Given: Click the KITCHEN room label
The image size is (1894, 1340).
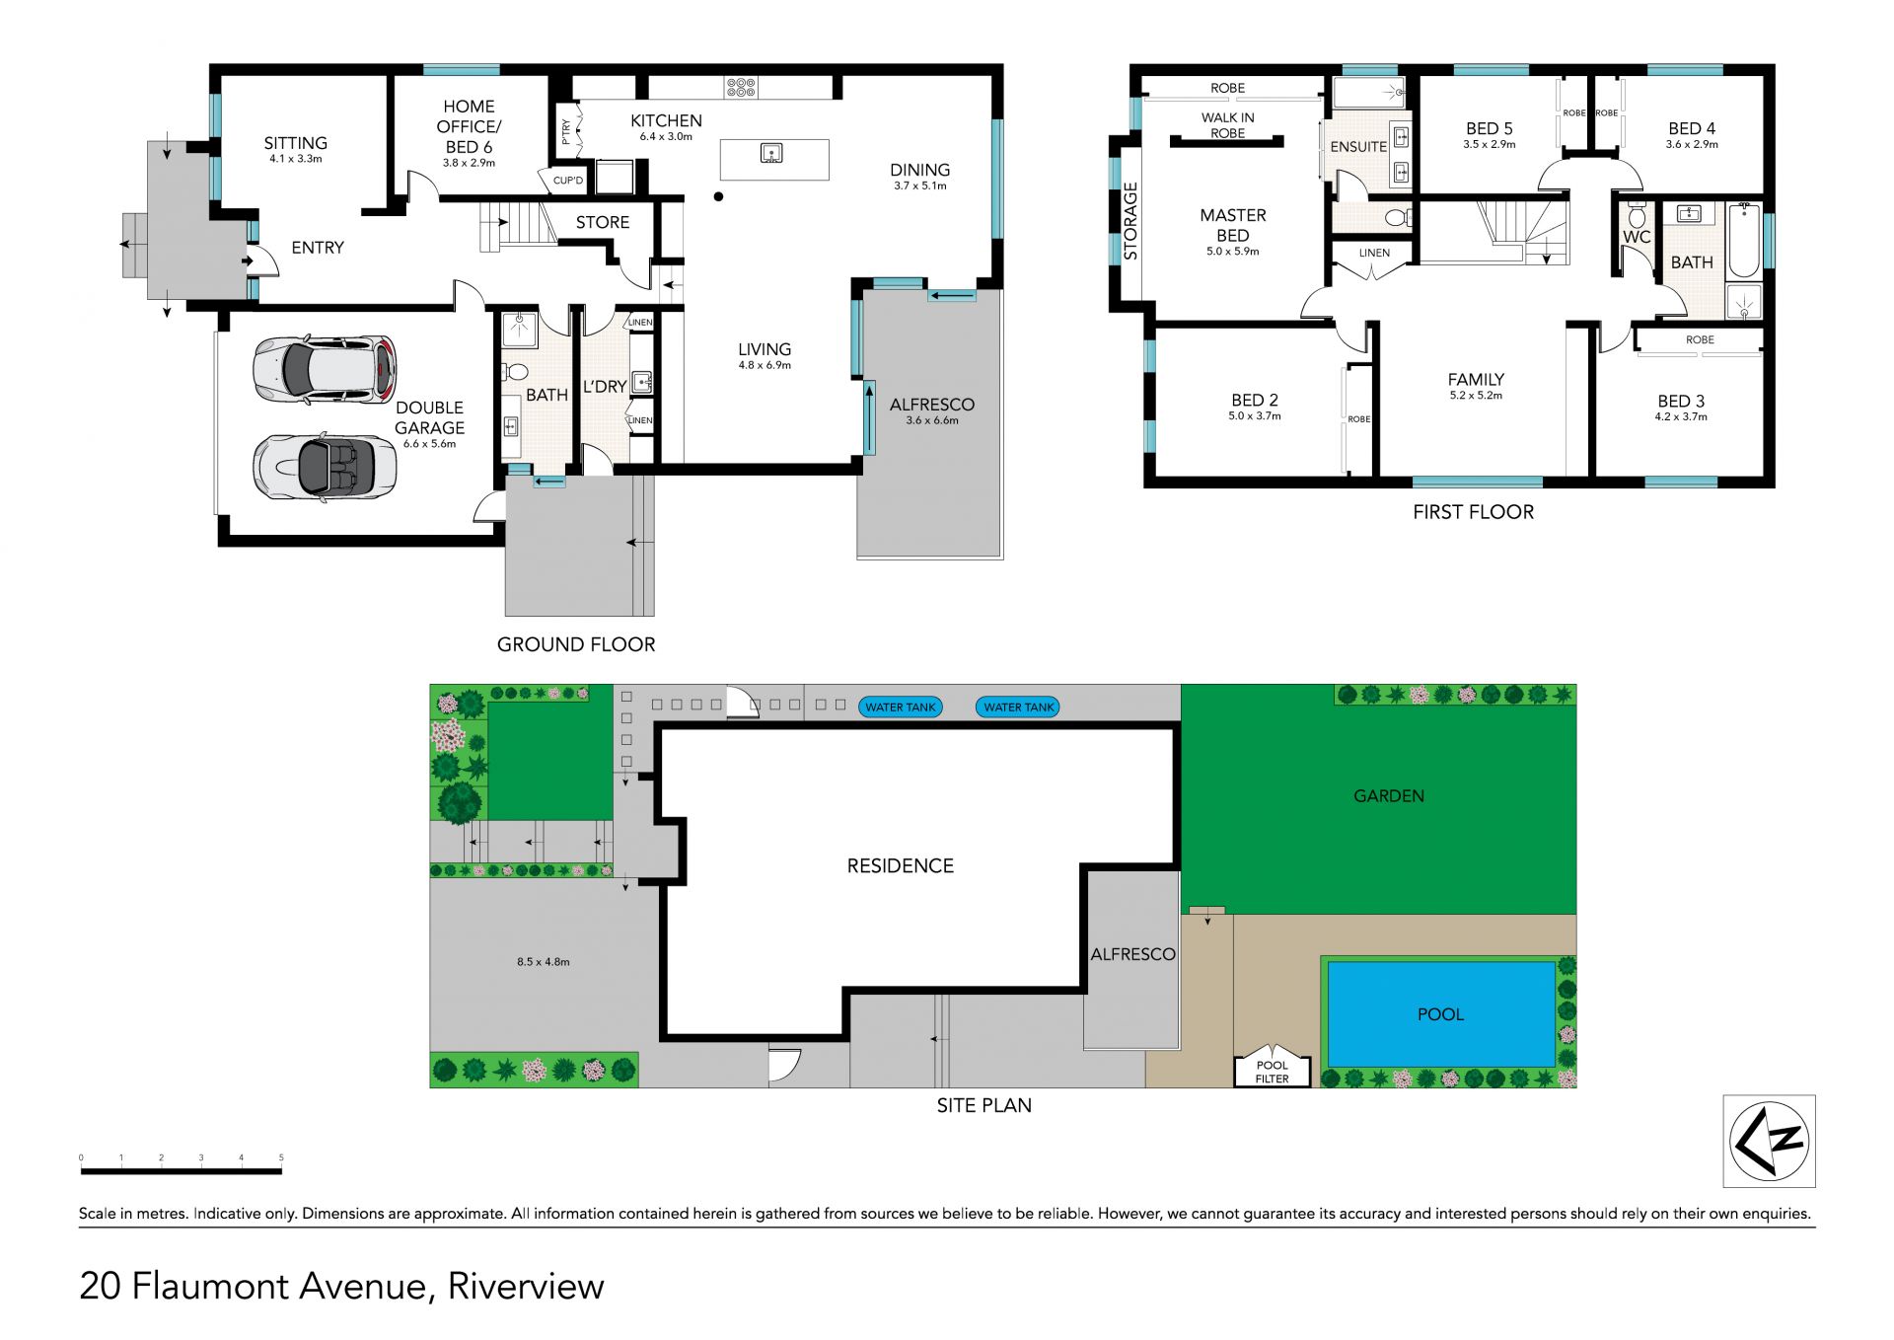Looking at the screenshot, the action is click(666, 120).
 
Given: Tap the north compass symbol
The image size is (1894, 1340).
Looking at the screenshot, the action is click(1769, 1141).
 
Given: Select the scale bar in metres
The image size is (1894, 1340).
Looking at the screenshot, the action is click(181, 1170).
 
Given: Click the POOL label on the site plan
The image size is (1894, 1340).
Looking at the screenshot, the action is click(1440, 1014).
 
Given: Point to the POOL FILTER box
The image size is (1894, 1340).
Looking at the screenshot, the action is click(1272, 1067).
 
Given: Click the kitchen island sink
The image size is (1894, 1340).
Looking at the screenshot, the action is click(771, 153).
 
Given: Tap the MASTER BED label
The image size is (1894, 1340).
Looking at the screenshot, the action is click(1233, 225).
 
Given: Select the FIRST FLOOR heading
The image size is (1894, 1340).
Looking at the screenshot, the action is click(1473, 512).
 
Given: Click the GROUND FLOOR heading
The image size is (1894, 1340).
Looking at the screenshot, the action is click(576, 644).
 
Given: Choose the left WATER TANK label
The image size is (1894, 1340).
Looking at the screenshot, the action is click(900, 707).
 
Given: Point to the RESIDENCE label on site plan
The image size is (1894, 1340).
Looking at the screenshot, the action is click(900, 866).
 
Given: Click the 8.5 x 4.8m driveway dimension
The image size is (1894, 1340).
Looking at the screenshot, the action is click(543, 962).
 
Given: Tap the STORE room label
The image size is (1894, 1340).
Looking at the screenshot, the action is click(602, 223).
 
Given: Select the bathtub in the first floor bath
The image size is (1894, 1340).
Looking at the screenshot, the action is click(1744, 241).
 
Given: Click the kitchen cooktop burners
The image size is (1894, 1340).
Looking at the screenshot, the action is click(741, 87).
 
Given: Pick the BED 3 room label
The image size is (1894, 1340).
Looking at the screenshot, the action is click(1681, 401).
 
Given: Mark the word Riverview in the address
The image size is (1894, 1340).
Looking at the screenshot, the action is click(526, 1287).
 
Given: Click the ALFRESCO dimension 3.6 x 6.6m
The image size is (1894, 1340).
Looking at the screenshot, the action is click(931, 420).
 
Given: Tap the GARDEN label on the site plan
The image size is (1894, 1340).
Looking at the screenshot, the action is click(1388, 796).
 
